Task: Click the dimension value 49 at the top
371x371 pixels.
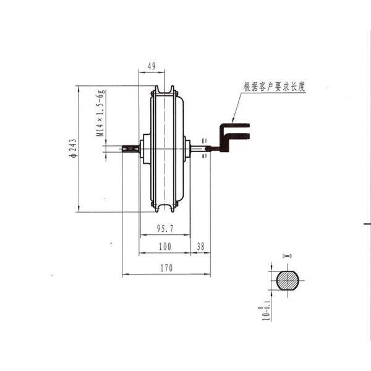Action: [151, 66]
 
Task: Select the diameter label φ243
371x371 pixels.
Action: [72, 148]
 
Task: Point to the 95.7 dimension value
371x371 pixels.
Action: [164, 229]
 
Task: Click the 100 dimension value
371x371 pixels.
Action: [164, 247]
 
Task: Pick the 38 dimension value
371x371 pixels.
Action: [200, 247]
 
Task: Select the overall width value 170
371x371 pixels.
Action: [166, 268]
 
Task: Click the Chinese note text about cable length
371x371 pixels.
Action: [275, 87]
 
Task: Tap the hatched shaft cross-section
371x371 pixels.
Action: [287, 280]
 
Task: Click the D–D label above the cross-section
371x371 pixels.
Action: [287, 255]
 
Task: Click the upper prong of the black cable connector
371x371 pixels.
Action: [237, 127]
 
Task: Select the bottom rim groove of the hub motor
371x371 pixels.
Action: [164, 205]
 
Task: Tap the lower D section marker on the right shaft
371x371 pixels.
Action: [205, 155]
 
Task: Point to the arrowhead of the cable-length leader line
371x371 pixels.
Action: [232, 120]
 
